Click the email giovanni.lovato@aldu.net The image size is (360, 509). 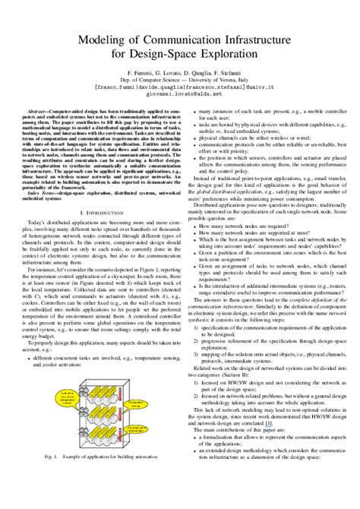tap(180, 102)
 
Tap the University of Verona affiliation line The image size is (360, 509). tap(180, 87)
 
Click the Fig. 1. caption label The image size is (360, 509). tap(52, 458)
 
